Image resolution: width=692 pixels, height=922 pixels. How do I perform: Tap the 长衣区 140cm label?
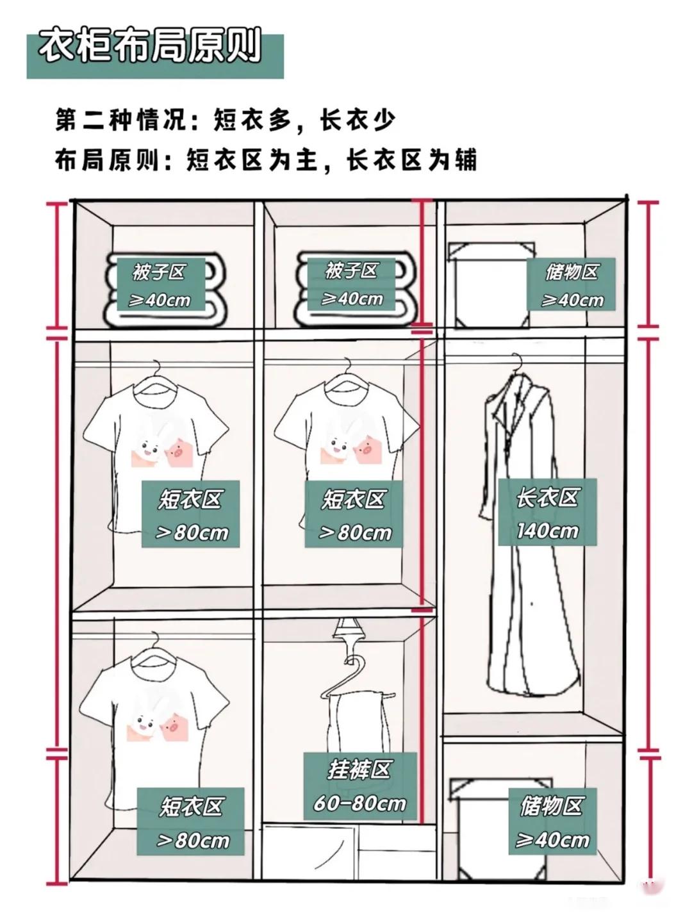[547, 512]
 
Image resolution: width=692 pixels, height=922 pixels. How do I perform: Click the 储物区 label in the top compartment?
[571, 284]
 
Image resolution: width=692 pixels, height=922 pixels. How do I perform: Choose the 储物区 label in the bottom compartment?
[552, 816]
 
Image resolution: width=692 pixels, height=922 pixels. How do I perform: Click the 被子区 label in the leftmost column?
[160, 284]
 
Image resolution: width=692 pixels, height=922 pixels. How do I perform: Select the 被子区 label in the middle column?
[352, 284]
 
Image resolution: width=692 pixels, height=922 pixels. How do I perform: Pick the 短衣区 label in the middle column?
[354, 514]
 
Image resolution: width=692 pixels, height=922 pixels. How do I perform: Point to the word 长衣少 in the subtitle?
[358, 120]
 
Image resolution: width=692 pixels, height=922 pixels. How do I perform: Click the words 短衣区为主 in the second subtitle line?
[252, 160]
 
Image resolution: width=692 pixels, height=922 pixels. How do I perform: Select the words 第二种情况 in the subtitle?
[121, 120]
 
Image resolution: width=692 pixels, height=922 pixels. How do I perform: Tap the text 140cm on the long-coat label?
[547, 531]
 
